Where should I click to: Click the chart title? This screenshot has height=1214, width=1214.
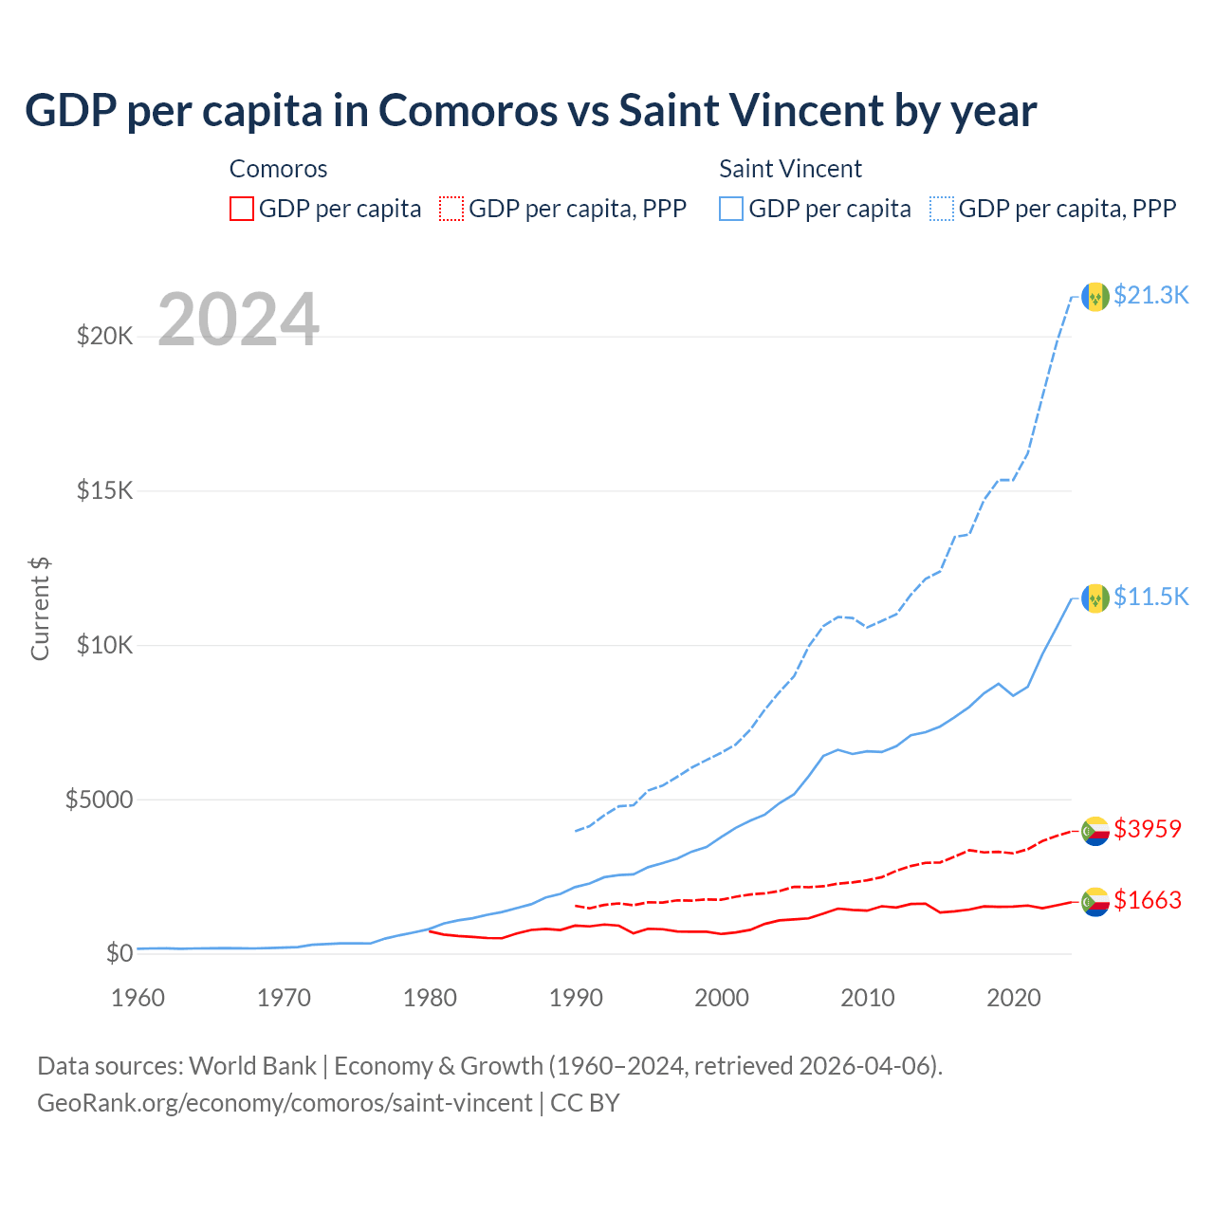(x=530, y=111)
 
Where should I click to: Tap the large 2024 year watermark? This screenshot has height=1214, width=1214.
(x=238, y=320)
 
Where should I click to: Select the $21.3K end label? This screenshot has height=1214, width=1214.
(x=1150, y=295)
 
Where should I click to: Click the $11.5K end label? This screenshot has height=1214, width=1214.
(x=1150, y=597)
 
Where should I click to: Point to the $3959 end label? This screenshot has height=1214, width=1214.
(x=1148, y=829)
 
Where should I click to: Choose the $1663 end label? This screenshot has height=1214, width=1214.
(x=1148, y=900)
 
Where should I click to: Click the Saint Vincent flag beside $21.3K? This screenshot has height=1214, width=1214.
(x=1095, y=297)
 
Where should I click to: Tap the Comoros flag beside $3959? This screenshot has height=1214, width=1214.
(x=1095, y=831)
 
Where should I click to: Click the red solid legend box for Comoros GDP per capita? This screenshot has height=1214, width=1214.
(x=242, y=209)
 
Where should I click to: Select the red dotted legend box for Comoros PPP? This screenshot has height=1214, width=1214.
(x=451, y=209)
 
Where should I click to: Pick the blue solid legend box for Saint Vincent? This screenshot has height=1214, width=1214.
(x=731, y=209)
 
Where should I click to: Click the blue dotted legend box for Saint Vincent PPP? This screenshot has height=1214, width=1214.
(x=942, y=209)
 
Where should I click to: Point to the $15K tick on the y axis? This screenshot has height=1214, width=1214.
(x=105, y=490)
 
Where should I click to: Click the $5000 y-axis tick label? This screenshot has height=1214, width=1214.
(x=99, y=800)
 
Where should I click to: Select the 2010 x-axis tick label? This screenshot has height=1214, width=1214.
(x=868, y=998)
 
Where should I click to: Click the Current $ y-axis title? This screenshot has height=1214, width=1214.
(x=40, y=609)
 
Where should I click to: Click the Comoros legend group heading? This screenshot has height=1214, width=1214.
(x=278, y=169)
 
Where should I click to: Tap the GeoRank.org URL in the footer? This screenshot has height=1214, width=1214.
(x=285, y=1103)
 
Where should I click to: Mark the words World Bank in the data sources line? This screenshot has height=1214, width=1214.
(x=252, y=1066)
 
